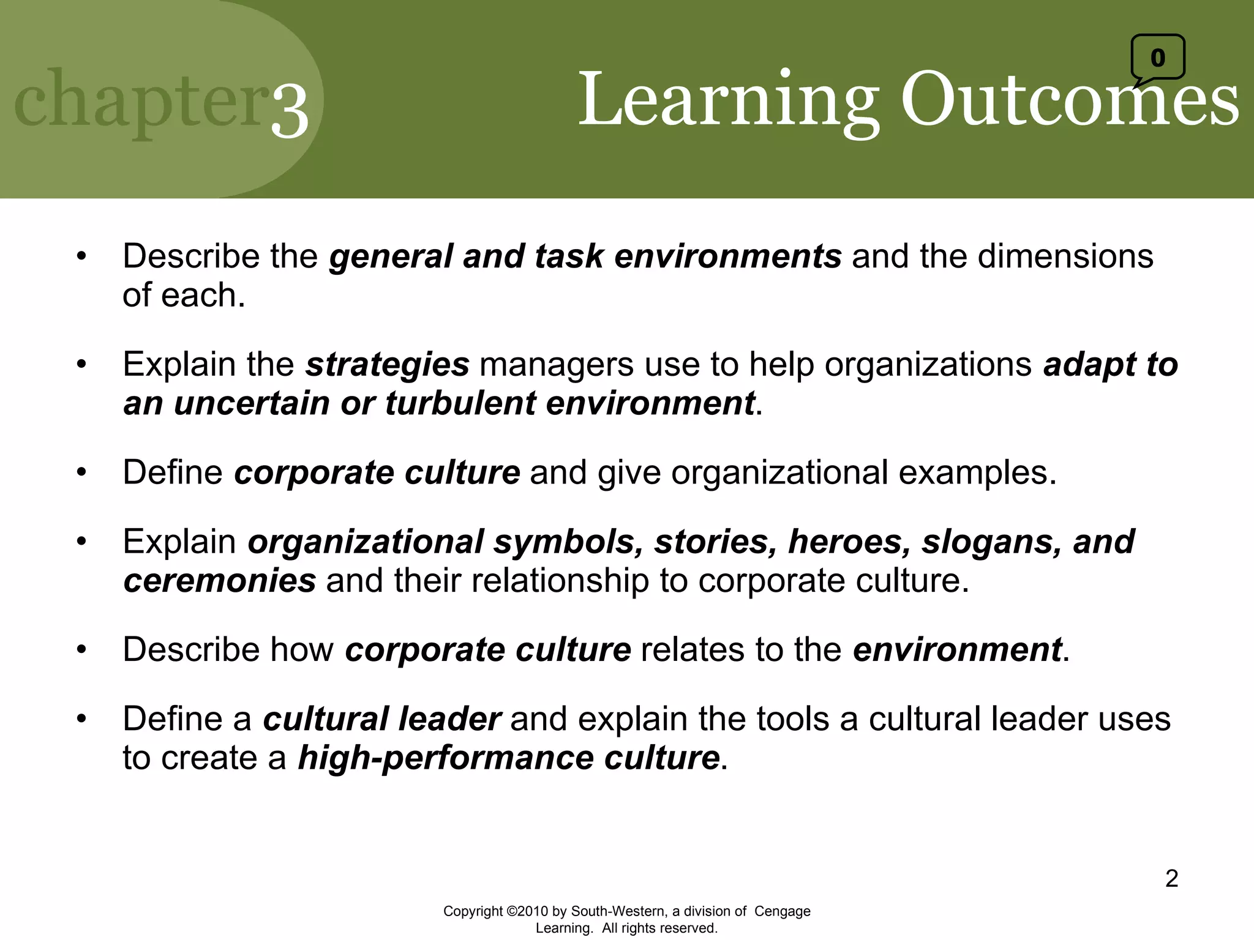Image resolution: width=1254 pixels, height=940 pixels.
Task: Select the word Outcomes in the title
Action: click(1069, 99)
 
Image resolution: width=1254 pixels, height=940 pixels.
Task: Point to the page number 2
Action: click(1171, 878)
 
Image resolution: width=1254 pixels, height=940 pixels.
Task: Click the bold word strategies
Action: click(388, 364)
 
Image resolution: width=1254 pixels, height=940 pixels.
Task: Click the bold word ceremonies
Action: click(220, 580)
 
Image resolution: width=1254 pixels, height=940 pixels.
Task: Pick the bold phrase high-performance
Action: click(446, 758)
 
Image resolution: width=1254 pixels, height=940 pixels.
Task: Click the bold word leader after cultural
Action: click(450, 718)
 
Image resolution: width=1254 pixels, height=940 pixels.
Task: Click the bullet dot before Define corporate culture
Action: click(81, 472)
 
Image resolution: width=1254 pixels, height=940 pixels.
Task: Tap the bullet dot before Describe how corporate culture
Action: click(81, 649)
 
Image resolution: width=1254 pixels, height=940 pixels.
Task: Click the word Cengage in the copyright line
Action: click(782, 911)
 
